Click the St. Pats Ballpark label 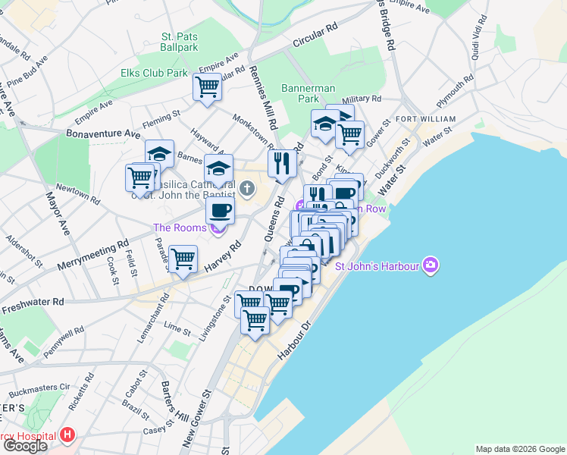click(179, 41)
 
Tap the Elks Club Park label click(154, 74)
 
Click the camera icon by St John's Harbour click(431, 265)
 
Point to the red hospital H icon click(68, 436)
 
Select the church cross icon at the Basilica click(246, 187)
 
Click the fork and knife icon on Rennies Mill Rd click(281, 162)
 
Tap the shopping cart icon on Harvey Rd click(183, 259)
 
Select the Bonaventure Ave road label click(103, 133)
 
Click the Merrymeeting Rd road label click(92, 257)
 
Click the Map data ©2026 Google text click(519, 449)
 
